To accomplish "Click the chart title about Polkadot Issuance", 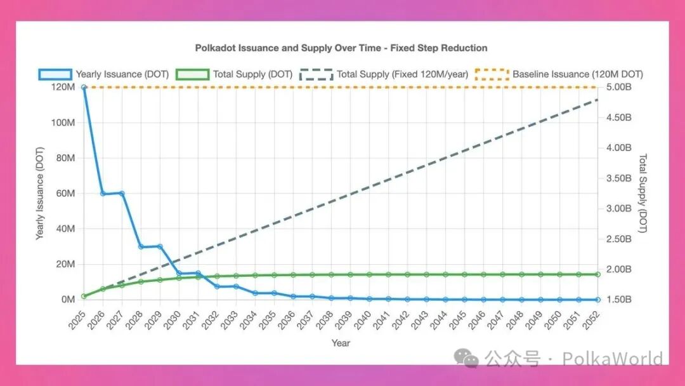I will click(x=341, y=48).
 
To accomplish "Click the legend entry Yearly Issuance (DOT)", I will click(x=122, y=74).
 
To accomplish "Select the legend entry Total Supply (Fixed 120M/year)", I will click(x=402, y=74).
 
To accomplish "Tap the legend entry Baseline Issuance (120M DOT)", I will click(x=577, y=74).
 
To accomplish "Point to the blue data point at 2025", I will click(x=84, y=87).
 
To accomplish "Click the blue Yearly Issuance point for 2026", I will click(x=103, y=193).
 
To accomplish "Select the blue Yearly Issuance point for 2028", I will click(x=141, y=246).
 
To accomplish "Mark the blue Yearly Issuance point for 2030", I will click(x=179, y=273).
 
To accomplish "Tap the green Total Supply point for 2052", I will click(x=597, y=274).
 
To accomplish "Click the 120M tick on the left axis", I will click(x=63, y=87).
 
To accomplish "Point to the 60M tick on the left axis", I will click(x=66, y=193).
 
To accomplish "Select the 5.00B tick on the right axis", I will click(x=619, y=87).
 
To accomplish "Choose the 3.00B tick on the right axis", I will click(x=619, y=208).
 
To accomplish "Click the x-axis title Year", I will click(x=341, y=343).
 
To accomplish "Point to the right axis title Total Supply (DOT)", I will click(x=643, y=193).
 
